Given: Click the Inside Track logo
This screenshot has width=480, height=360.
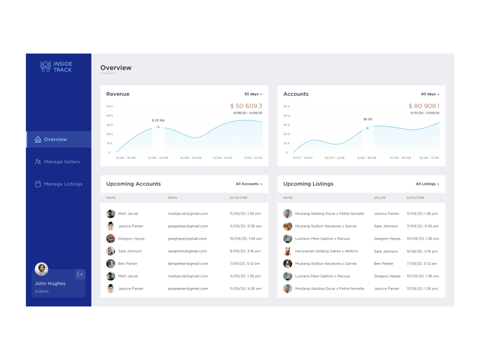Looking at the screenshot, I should point(56,67).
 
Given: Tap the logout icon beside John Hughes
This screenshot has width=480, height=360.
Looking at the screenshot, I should point(80,275).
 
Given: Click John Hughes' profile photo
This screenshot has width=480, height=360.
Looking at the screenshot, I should point(42,269).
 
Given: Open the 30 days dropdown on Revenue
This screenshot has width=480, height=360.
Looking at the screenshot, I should point(253,94).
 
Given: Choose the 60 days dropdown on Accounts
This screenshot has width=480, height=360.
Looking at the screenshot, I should point(430,94).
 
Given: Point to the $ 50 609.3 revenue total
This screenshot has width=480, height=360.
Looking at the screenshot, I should point(246,106).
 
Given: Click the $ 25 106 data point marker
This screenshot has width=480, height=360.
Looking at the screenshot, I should point(158,127).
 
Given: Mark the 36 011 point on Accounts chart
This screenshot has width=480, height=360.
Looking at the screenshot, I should point(368,128).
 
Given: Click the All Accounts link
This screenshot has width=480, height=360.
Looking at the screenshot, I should point(249,184).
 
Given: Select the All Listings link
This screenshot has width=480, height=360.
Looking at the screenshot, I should point(427,184).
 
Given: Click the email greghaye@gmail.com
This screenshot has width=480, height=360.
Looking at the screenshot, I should point(187,239).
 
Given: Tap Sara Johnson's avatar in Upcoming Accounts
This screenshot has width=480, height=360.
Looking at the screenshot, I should point(110,251).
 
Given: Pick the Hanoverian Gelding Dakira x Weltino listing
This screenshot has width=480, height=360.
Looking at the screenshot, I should point(326,251).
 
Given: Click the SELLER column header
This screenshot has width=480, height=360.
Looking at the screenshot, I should point(380,198).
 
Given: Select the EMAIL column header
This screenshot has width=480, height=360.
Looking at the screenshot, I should point(173,198).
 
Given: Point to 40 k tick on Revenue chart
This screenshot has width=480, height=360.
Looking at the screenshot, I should point(109,116).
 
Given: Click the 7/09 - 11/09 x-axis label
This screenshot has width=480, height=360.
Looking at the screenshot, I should point(253,157).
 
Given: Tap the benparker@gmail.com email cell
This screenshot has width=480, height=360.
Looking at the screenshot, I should point(188,264).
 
